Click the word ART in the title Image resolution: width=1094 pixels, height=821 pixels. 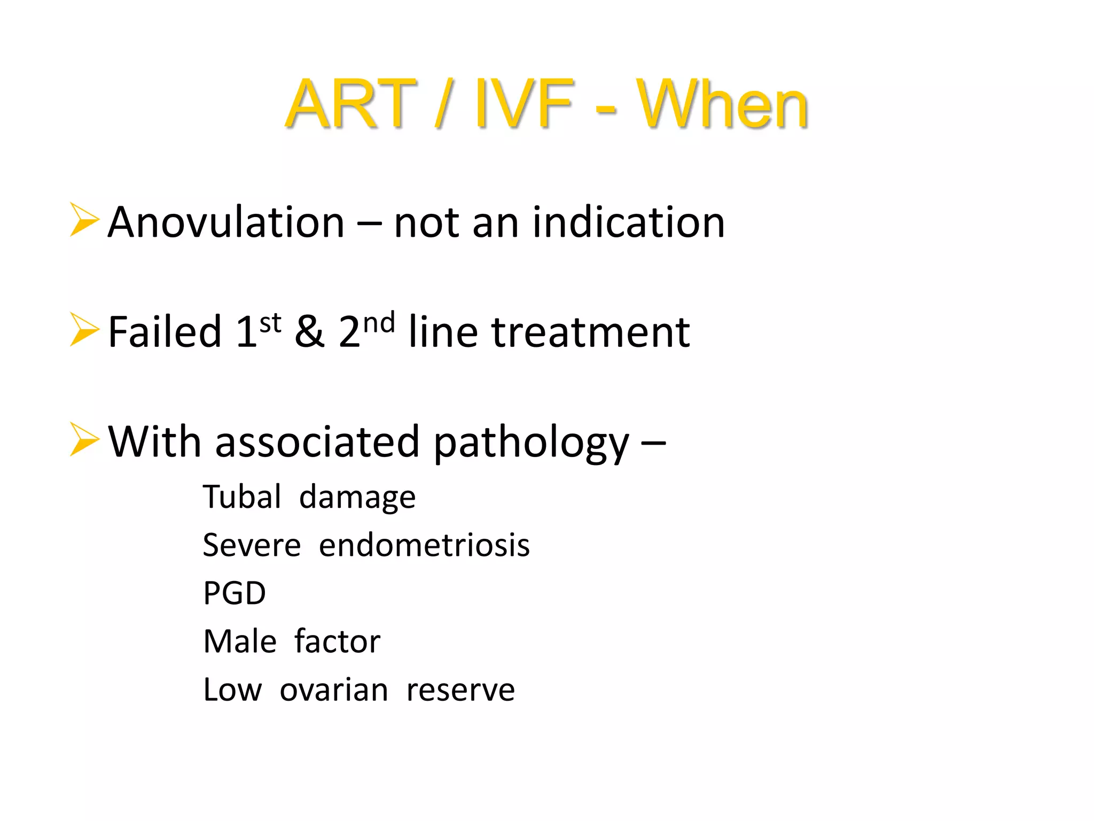point(350,104)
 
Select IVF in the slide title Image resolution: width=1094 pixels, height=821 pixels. point(524,104)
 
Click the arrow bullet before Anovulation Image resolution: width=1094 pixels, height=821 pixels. point(84,220)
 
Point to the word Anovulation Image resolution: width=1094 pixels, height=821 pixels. point(226,222)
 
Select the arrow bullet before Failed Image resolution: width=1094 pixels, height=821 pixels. point(84,329)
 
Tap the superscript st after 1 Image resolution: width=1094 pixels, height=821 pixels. point(270,323)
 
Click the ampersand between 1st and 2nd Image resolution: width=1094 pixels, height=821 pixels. point(309,332)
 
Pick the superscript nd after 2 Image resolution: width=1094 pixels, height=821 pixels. point(379,323)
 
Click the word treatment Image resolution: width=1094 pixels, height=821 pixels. point(590,332)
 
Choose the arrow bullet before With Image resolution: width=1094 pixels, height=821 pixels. point(84,439)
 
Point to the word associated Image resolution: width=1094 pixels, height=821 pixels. point(317,442)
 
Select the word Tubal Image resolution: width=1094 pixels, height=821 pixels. point(242,497)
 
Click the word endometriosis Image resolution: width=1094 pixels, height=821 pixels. point(424,545)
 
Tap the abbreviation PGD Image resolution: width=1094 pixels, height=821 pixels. point(235,593)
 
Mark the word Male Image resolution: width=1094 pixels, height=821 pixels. point(240,641)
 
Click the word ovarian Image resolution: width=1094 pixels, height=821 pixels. point(334,690)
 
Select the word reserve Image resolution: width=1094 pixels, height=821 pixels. point(460,690)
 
